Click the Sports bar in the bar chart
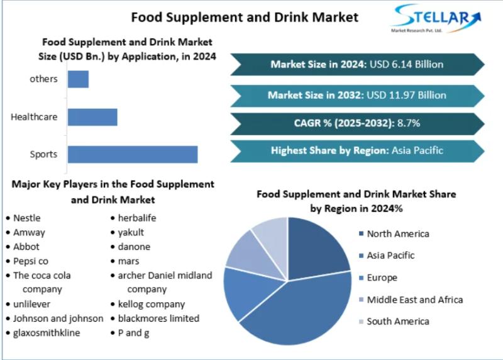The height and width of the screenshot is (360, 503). tap(133, 154)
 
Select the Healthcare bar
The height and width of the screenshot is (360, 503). tap(92, 117)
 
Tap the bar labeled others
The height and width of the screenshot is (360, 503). tap(78, 79)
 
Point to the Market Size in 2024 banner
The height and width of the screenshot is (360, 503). tap(357, 64)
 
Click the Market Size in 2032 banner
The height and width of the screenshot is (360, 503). tap(357, 95)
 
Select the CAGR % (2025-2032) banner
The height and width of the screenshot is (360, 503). tap(357, 123)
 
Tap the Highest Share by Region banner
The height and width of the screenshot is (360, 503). tap(357, 150)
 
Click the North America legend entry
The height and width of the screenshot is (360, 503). tap(397, 234)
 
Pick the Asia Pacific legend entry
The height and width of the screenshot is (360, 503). tap(390, 256)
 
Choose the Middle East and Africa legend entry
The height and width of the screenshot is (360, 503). tap(414, 300)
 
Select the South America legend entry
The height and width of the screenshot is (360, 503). tap(397, 322)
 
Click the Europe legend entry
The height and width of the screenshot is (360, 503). tap(381, 278)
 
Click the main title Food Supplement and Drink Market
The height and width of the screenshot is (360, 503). tap(245, 16)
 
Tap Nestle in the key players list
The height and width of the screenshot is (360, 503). tap(26, 218)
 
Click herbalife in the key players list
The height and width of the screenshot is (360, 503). tap(137, 218)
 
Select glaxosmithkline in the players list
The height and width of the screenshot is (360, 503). tap(47, 333)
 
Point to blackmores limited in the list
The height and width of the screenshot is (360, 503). tap(158, 318)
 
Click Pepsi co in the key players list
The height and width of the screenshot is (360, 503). tap(31, 261)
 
